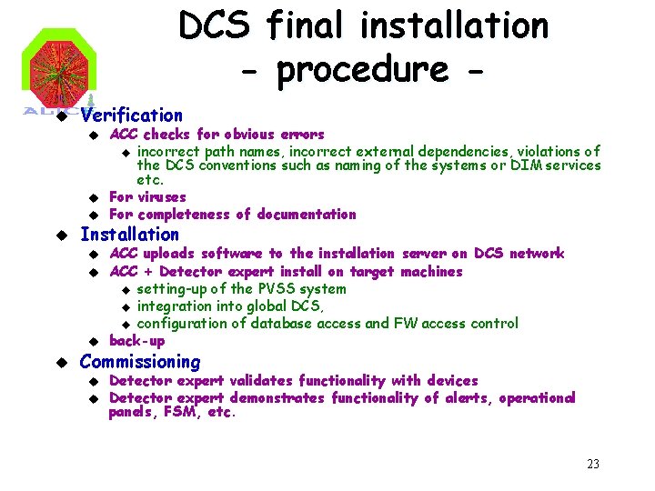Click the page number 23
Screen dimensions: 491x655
tap(593, 465)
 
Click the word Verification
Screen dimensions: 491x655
tap(131, 115)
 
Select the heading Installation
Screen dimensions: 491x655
tap(129, 235)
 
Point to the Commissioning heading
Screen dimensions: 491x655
tap(139, 362)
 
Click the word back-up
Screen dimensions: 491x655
tap(136, 341)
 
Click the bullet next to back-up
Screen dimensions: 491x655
tap(93, 342)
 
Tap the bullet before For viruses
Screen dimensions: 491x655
tap(93, 197)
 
